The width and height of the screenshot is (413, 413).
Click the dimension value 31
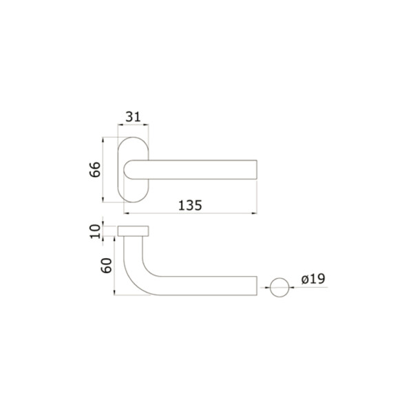coord(134,116)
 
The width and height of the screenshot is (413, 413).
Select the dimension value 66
coord(96,169)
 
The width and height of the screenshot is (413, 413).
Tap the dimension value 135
coord(189,205)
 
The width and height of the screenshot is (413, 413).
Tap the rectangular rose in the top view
coord(134,230)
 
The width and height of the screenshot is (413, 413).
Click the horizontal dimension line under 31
coord(134,125)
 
